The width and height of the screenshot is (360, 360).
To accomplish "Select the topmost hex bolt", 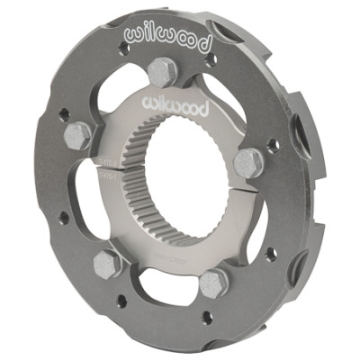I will point(164,72).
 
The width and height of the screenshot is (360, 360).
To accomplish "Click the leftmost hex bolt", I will point(77,136).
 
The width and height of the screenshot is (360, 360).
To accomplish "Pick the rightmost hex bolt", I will point(249,162).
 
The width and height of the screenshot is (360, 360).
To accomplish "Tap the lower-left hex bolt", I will point(107,264).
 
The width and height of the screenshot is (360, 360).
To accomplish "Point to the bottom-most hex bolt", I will point(212,283).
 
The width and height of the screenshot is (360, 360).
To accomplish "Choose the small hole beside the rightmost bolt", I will point(271,144).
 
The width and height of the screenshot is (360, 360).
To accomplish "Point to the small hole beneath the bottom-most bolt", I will point(209,317).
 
